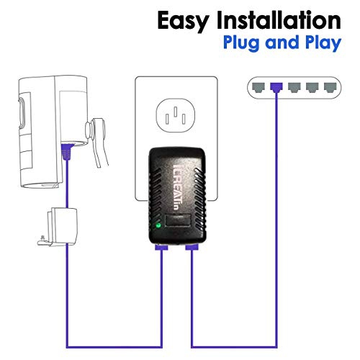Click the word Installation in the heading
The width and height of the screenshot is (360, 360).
tap(279, 19)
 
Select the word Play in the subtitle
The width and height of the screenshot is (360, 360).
tap(323, 43)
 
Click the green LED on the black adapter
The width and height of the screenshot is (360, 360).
tap(158, 225)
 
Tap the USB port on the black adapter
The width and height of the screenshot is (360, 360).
tap(178, 220)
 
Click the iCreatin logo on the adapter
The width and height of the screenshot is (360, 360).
tap(178, 187)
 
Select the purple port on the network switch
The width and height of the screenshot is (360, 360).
tap(276, 88)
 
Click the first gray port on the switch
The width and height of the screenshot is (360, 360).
tap(258, 88)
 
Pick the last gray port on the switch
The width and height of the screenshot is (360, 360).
tap(330, 88)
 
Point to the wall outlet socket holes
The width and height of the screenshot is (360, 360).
tap(176, 115)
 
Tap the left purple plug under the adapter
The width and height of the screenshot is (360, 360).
tap(161, 247)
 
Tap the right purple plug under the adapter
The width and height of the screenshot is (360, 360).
tap(192, 247)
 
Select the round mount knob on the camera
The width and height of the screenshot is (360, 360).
tap(89, 130)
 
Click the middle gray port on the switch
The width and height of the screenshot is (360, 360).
tap(294, 88)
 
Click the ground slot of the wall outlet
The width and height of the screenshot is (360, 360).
tap(176, 112)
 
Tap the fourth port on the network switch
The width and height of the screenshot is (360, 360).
tap(312, 88)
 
